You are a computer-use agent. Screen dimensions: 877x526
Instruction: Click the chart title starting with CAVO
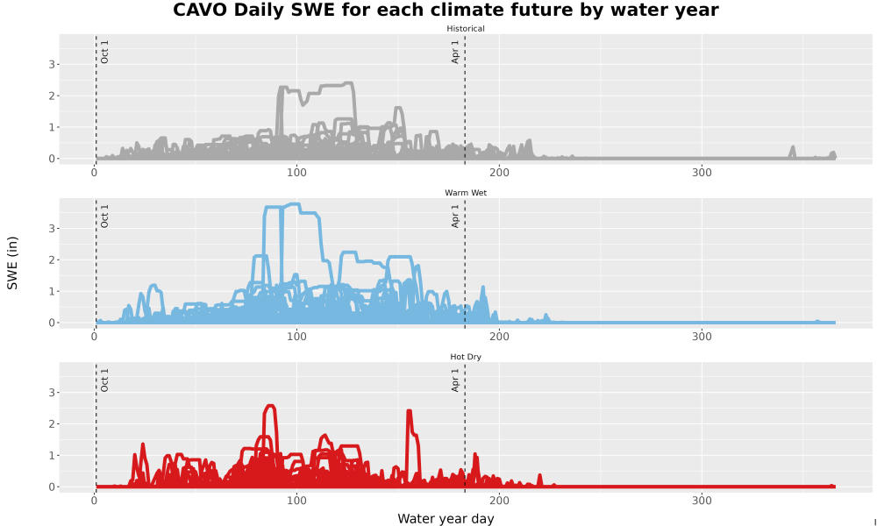coord(446,10)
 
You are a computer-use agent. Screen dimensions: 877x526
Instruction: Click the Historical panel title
coord(466,29)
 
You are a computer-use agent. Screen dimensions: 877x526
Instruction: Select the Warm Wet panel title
coord(466,193)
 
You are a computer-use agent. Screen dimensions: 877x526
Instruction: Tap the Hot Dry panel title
coord(466,357)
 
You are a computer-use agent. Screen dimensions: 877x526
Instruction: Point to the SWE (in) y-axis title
coord(12,263)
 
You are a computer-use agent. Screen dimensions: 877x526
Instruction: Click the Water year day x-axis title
coord(446,519)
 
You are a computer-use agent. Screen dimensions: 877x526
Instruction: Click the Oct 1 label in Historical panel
coord(104,52)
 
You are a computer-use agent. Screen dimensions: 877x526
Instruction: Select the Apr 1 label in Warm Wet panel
coord(455,217)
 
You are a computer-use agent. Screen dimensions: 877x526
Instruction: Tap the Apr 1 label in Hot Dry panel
coord(455,380)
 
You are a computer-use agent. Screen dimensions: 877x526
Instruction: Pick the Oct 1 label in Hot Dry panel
coord(104,380)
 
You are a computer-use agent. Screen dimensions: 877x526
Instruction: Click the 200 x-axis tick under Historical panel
coord(499,173)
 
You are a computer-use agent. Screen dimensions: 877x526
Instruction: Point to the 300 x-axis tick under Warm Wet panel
coord(702,337)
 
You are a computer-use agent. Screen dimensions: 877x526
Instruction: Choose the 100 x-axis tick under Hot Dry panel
coord(296,501)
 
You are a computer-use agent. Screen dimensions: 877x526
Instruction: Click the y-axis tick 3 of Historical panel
coord(52,65)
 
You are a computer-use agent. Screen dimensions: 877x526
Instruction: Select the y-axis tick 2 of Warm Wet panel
coord(52,259)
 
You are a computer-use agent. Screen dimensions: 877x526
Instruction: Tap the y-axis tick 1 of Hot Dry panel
coord(52,456)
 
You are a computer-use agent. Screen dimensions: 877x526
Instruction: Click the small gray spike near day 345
coord(792,152)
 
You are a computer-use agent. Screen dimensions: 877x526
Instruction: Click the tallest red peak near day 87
coord(271,407)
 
